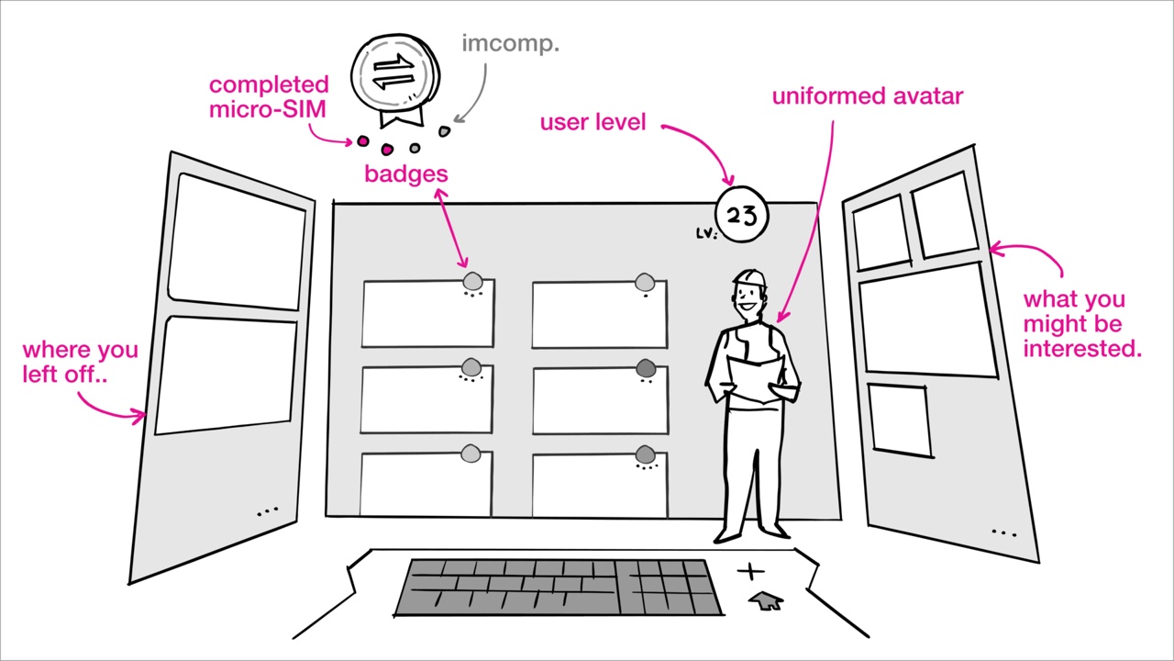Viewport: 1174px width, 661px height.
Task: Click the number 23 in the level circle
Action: pyautogui.click(x=741, y=216)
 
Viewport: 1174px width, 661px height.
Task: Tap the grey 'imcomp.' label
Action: pyautogui.click(x=510, y=43)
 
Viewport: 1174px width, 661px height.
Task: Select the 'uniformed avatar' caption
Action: pyautogui.click(x=867, y=96)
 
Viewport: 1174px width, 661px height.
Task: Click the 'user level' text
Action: pyautogui.click(x=593, y=122)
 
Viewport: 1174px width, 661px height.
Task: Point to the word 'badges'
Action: pyautogui.click(x=405, y=174)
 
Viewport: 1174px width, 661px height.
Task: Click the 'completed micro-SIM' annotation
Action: pyautogui.click(x=268, y=96)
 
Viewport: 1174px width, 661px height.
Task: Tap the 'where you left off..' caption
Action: pyautogui.click(x=80, y=362)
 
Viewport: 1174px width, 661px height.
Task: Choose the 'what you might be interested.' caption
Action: pyautogui.click(x=1081, y=324)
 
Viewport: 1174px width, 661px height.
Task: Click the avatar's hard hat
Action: pyautogui.click(x=749, y=276)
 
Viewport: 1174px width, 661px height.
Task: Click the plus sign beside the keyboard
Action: pyautogui.click(x=750, y=573)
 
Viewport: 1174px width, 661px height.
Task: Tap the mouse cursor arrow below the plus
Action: pyautogui.click(x=766, y=601)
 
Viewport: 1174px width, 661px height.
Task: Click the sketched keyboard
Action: pyautogui.click(x=557, y=588)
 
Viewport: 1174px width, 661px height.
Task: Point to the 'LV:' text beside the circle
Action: pyautogui.click(x=705, y=233)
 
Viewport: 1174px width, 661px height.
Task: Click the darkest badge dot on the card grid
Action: pyautogui.click(x=646, y=369)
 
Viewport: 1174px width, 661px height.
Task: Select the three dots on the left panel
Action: pyautogui.click(x=267, y=510)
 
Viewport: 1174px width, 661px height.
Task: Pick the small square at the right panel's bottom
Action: pyautogui.click(x=899, y=420)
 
